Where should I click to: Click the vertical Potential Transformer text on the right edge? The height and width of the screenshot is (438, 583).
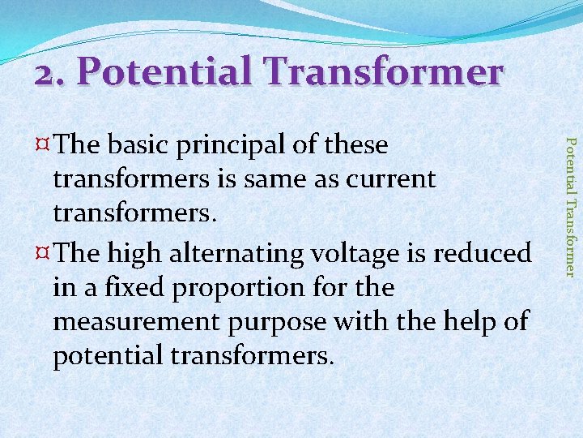pos(571,207)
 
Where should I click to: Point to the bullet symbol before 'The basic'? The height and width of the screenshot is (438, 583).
pos(45,146)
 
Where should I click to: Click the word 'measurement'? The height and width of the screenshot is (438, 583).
pos(138,321)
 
